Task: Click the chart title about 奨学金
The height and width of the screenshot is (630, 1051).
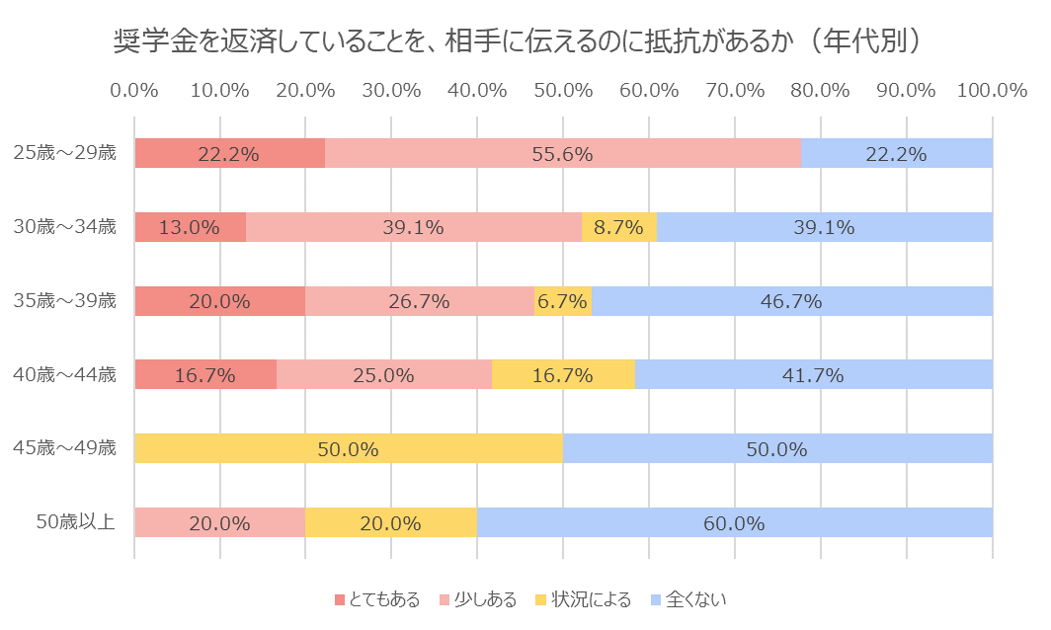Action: pos(518,42)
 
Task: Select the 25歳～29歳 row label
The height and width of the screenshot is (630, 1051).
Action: pos(65,153)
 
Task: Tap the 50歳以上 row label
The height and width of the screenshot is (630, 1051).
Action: pos(75,522)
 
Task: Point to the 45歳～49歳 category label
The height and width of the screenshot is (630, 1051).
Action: pos(65,448)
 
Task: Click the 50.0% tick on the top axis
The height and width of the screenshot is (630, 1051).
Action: pos(563,90)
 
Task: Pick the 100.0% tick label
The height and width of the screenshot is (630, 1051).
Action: pos(992,90)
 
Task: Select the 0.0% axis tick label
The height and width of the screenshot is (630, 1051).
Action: pos(135,90)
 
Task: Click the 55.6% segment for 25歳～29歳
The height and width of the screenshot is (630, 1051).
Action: pos(563,153)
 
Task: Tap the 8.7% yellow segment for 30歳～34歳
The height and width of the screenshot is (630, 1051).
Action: pos(619,227)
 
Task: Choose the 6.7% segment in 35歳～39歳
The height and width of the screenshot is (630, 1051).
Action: pos(563,301)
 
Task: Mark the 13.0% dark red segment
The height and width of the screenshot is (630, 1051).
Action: pos(190,227)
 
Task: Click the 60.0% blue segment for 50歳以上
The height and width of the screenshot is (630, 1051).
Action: pos(734,522)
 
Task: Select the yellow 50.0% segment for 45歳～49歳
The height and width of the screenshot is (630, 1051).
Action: pos(349,448)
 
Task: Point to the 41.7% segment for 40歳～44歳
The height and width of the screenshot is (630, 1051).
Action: pos(813,375)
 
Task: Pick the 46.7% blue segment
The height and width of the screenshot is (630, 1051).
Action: pos(791,301)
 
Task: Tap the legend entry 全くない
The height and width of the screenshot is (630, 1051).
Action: pos(689,599)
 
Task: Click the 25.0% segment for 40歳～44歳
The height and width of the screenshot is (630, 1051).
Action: pos(384,375)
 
